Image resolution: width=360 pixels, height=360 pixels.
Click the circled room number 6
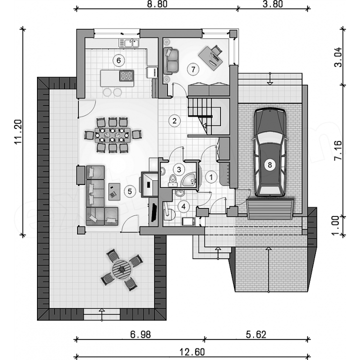118,60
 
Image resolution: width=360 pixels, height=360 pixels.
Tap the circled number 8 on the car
269,164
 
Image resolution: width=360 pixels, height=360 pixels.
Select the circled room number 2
174,120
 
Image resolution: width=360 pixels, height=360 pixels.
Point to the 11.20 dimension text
18,131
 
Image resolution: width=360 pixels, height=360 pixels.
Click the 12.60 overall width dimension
192,351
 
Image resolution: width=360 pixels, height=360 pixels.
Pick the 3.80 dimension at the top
272,4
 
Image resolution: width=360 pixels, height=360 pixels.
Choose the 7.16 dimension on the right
338,150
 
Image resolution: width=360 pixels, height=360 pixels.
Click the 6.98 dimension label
140,334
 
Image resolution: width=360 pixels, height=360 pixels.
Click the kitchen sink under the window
129,43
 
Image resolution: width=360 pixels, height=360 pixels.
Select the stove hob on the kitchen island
126,76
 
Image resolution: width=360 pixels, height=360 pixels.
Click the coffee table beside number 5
114,191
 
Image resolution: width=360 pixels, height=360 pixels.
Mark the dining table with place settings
112,135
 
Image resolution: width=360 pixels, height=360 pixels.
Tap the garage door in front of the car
270,209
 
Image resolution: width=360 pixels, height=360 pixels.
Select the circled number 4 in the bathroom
183,206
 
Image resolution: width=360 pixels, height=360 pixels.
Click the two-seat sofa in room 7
171,61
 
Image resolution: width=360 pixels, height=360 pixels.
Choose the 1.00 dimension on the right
338,225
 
